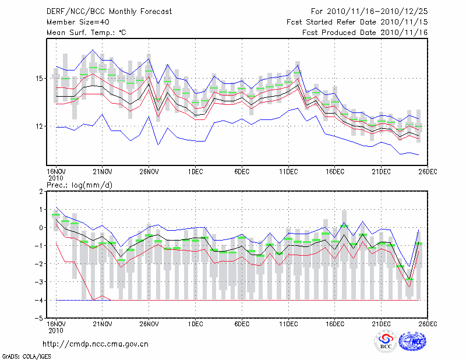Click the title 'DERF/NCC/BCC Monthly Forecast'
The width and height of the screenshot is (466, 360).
point(105,12)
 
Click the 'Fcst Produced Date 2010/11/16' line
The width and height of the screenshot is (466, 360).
point(365,33)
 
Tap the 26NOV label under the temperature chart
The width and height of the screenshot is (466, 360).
point(149,171)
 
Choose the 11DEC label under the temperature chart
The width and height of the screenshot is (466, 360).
point(289,171)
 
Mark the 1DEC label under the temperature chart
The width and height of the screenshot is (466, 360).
point(196,171)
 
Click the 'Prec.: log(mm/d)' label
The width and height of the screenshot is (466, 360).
point(79,185)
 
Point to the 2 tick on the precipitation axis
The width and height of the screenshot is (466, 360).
point(42,191)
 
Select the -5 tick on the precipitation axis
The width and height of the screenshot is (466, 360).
point(40,318)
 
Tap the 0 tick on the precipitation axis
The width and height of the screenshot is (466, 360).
point(42,227)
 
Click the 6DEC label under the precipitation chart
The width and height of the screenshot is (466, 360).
point(242,323)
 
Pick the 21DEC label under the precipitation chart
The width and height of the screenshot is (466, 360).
point(382,323)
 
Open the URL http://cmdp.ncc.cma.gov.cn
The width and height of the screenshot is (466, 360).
point(96,344)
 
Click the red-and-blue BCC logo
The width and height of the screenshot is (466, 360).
point(386,341)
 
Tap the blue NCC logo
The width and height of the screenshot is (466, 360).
point(414,342)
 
